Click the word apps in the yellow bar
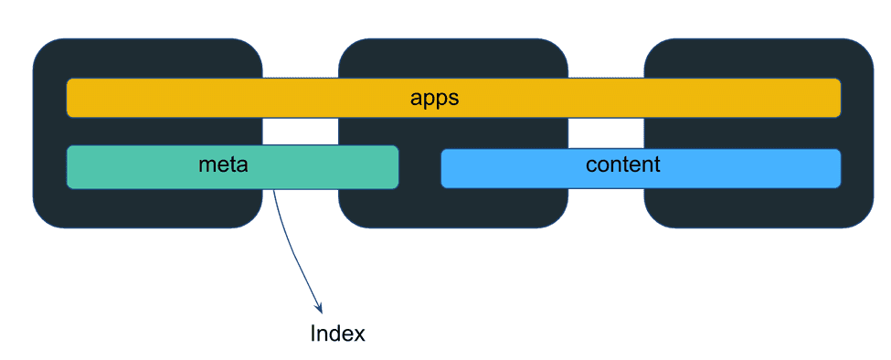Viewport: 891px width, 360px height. pyautogui.click(x=434, y=98)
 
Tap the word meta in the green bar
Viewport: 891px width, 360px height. pyautogui.click(x=224, y=165)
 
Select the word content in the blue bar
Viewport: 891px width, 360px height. pyautogui.click(x=622, y=165)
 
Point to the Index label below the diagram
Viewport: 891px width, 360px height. pyautogui.click(x=337, y=334)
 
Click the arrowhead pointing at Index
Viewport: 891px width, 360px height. pyautogui.click(x=318, y=309)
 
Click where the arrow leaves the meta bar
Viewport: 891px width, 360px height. pyautogui.click(x=274, y=190)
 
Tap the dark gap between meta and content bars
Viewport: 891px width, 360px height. pyautogui.click(x=419, y=168)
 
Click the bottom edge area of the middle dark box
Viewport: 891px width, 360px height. pyautogui.click(x=452, y=217)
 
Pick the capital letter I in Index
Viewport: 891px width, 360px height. pyautogui.click(x=313, y=334)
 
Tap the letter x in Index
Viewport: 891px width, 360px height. pyautogui.click(x=359, y=335)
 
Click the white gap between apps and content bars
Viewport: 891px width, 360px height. pyautogui.click(x=606, y=132)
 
